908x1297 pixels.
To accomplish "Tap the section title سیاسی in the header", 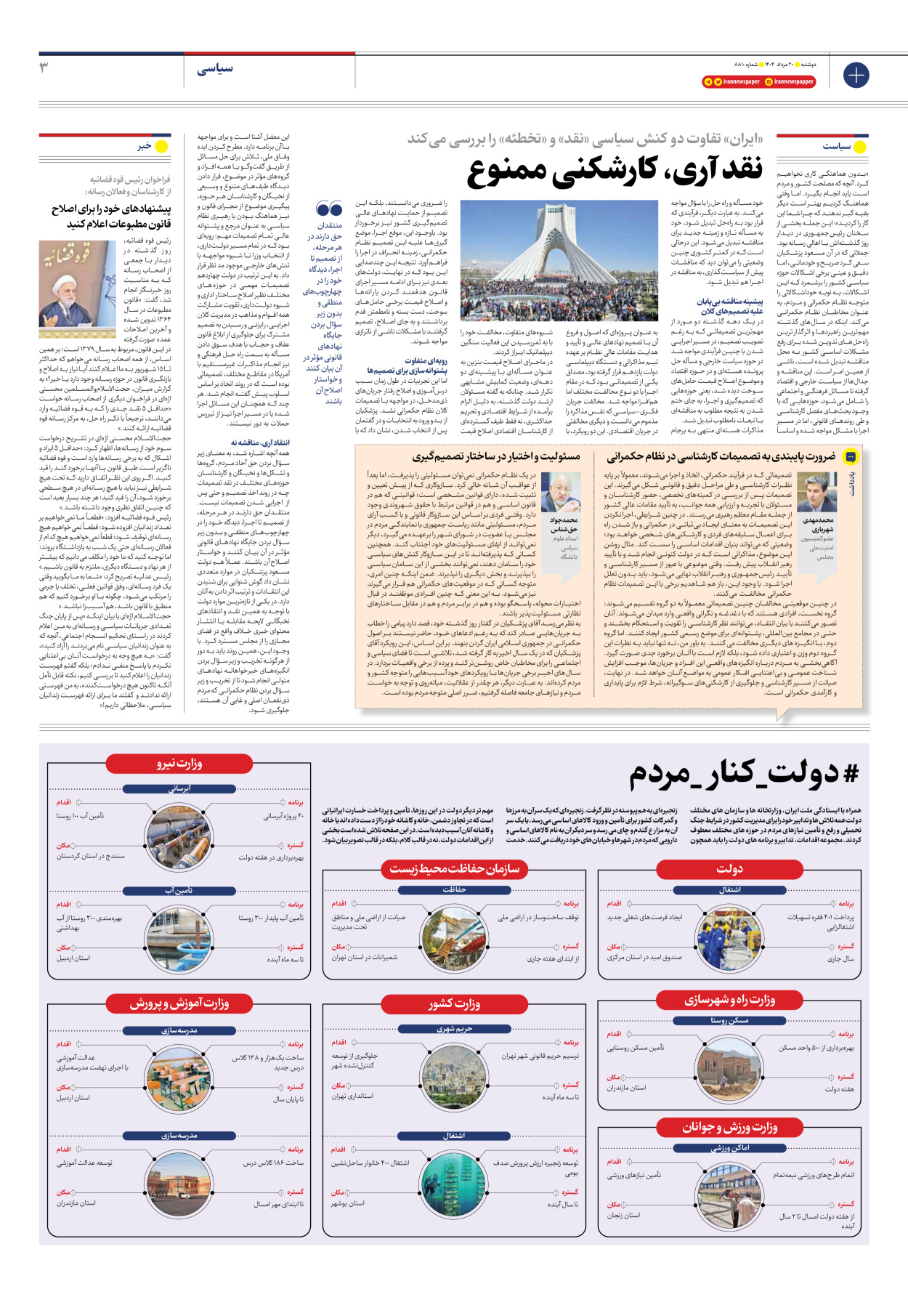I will click(x=215, y=68).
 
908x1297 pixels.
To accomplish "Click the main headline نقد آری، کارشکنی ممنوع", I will click(x=615, y=169).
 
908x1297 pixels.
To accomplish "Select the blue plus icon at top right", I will click(x=856, y=75).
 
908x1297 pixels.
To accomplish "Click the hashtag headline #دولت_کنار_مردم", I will click(x=744, y=775).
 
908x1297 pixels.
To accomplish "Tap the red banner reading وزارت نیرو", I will click(x=179, y=764).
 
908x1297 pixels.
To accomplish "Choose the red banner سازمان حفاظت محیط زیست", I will click(x=454, y=868).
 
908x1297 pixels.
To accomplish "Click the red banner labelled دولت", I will click(x=729, y=868).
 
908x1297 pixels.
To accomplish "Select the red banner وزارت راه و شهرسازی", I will click(x=729, y=1000).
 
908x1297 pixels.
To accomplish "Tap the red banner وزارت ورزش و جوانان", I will click(x=729, y=1127).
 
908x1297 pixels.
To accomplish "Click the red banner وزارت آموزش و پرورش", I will click(x=179, y=1003).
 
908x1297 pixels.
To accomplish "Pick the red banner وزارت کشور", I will click(x=454, y=1003).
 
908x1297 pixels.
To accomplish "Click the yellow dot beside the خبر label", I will click(x=161, y=147).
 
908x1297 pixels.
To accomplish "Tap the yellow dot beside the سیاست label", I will click(x=860, y=147).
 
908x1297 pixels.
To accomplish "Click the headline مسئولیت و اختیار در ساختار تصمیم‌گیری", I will click(x=496, y=456).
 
